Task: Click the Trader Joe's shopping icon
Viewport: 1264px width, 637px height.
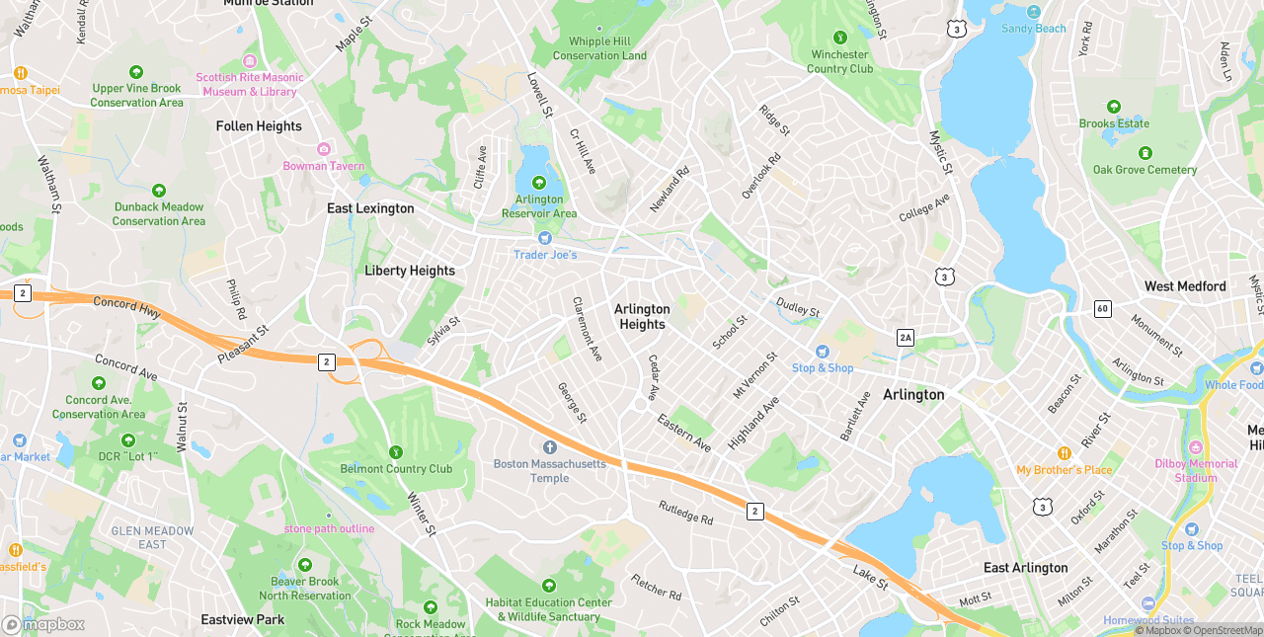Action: (x=544, y=238)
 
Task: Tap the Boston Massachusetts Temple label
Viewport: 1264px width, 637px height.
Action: (x=550, y=471)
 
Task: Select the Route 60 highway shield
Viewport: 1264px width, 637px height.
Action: (x=1103, y=309)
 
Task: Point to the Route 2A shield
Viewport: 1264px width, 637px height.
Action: (x=906, y=338)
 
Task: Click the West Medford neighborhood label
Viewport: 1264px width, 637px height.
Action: (x=1185, y=286)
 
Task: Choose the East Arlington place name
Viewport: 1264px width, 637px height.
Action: (x=1025, y=568)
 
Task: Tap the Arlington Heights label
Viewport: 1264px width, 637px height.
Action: (x=642, y=317)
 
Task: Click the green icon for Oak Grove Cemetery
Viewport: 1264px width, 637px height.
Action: (x=1145, y=153)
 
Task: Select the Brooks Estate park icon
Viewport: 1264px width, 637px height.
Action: (x=1114, y=107)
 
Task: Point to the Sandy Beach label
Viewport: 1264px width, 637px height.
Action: (x=1034, y=29)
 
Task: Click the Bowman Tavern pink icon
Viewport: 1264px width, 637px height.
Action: (x=324, y=149)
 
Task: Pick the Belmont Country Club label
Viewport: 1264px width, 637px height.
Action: (x=396, y=469)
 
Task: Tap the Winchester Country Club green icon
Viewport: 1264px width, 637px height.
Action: (x=840, y=38)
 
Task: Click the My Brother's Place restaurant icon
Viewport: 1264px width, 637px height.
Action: (x=1065, y=453)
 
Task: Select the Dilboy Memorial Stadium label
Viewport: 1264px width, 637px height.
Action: (x=1196, y=471)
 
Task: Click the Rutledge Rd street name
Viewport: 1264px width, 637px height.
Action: (x=685, y=512)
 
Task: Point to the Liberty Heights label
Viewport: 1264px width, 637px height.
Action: (x=410, y=271)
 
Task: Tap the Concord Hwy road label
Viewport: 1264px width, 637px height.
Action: (x=127, y=307)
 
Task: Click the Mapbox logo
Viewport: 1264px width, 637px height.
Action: (x=43, y=624)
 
